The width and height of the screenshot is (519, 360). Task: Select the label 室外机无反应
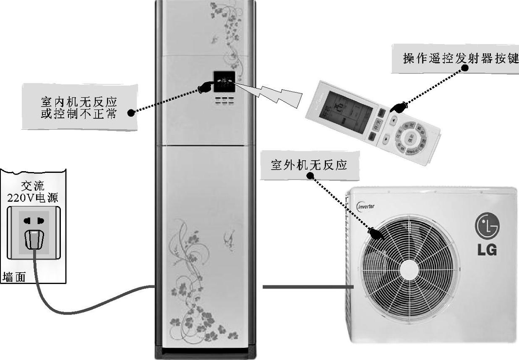coord(309,165)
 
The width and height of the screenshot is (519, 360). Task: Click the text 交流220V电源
coord(33,192)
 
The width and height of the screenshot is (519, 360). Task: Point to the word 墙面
coord(14,277)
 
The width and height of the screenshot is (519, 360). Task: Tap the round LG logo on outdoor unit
coord(487,225)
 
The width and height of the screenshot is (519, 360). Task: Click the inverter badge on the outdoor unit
coord(366,206)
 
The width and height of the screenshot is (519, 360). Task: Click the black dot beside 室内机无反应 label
coord(131,112)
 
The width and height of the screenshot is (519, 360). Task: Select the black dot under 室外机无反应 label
coord(311,177)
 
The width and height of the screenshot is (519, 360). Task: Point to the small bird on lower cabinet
coord(229,237)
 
